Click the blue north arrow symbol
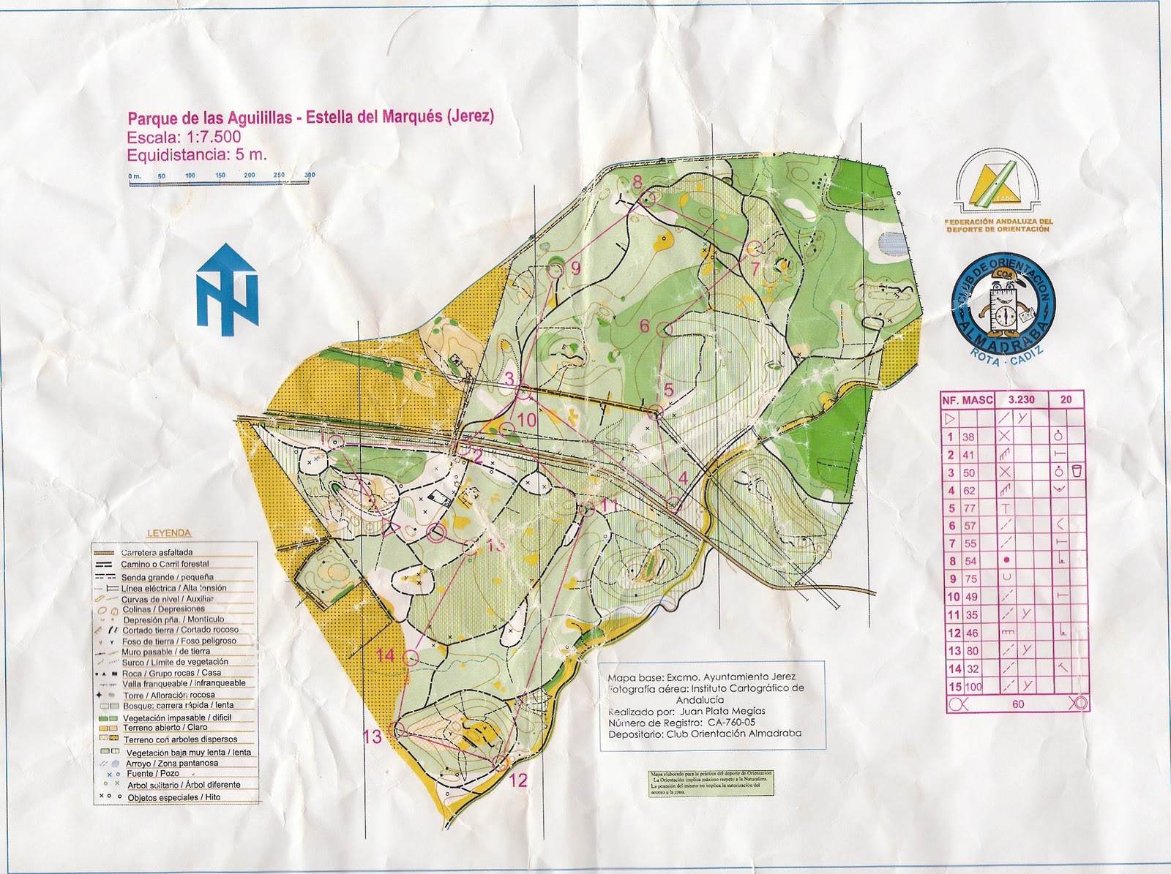point(227,289)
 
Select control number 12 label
point(518,780)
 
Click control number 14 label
point(385,655)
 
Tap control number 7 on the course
point(755,268)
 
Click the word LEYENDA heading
point(169,532)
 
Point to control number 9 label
point(575,268)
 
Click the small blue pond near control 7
point(890,241)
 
